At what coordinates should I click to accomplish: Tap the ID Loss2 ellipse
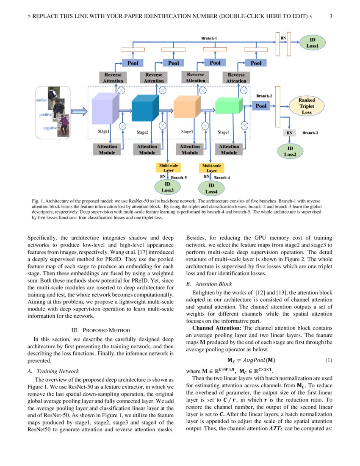click(290, 151)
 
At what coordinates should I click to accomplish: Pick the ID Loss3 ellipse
click(167, 187)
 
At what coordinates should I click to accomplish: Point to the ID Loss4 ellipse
click(211, 188)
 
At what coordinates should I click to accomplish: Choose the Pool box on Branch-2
click(261, 106)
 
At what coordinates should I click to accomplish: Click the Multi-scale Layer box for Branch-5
click(168, 167)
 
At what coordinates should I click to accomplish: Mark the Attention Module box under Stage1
click(107, 149)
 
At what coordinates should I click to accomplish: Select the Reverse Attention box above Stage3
click(195, 77)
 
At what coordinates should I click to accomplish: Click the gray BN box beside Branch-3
click(289, 133)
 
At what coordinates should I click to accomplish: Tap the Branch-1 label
click(209, 39)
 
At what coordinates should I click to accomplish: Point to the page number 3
click(331, 17)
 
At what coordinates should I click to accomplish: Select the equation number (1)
click(328, 361)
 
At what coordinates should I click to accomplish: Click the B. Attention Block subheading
click(209, 284)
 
